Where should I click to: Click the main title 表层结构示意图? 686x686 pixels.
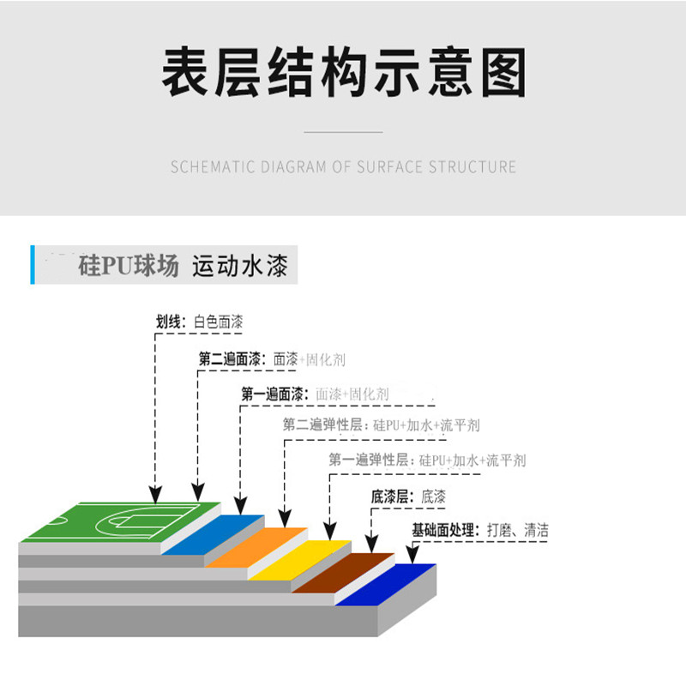coord(344,72)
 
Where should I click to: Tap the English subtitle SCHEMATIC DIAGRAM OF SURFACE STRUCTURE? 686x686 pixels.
coord(344,166)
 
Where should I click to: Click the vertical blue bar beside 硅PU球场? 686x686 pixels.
coord(33,265)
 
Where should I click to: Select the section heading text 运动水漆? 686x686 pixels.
coord(240,265)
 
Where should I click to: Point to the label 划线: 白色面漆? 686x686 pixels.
coord(199,322)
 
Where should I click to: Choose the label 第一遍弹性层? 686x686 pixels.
coord(370,460)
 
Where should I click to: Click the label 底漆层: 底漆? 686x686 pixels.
coord(408,496)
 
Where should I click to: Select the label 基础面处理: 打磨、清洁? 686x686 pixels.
coord(480,530)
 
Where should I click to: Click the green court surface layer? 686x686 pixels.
coord(121,522)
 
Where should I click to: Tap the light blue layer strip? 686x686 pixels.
coord(213,534)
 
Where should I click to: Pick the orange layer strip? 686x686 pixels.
coord(256,547)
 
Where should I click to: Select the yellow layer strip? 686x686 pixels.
coord(299,560)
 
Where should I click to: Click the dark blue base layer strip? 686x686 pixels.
coord(386,585)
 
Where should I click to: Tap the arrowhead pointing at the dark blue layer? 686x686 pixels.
coord(412,555)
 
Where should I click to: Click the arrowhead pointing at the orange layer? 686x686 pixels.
coord(285,519)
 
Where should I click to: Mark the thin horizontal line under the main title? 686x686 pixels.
coord(344,132)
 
